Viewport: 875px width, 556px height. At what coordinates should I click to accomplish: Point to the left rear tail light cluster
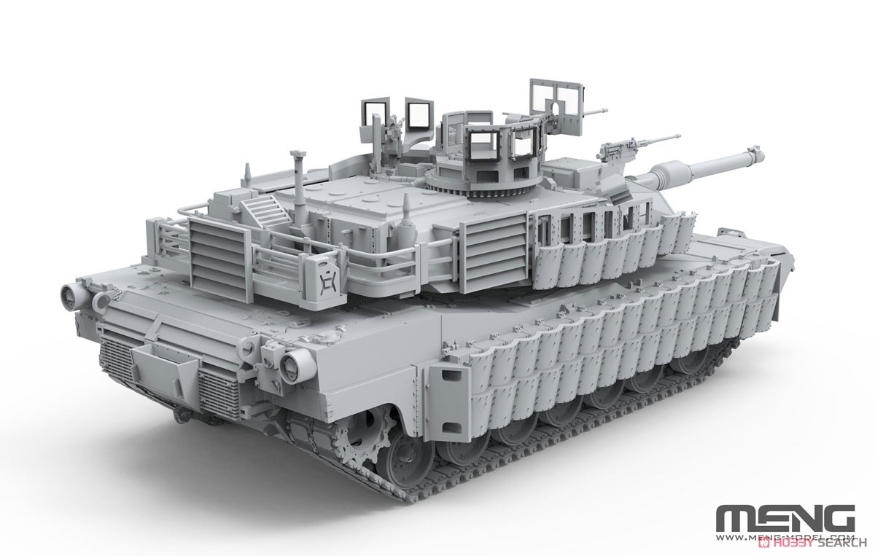[74, 296]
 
